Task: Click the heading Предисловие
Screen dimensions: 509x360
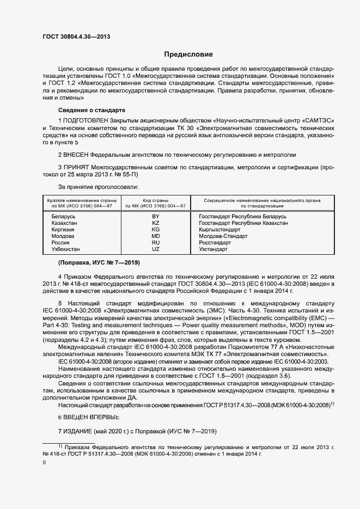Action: [189, 54]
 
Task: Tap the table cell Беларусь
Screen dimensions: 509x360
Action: [63, 217]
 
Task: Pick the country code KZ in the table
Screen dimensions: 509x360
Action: [155, 223]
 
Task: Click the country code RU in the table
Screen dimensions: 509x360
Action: [155, 242]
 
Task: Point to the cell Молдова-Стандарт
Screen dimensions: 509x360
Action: [223, 236]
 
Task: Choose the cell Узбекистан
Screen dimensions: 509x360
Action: [65, 249]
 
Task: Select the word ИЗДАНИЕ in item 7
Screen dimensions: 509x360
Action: [78, 432]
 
